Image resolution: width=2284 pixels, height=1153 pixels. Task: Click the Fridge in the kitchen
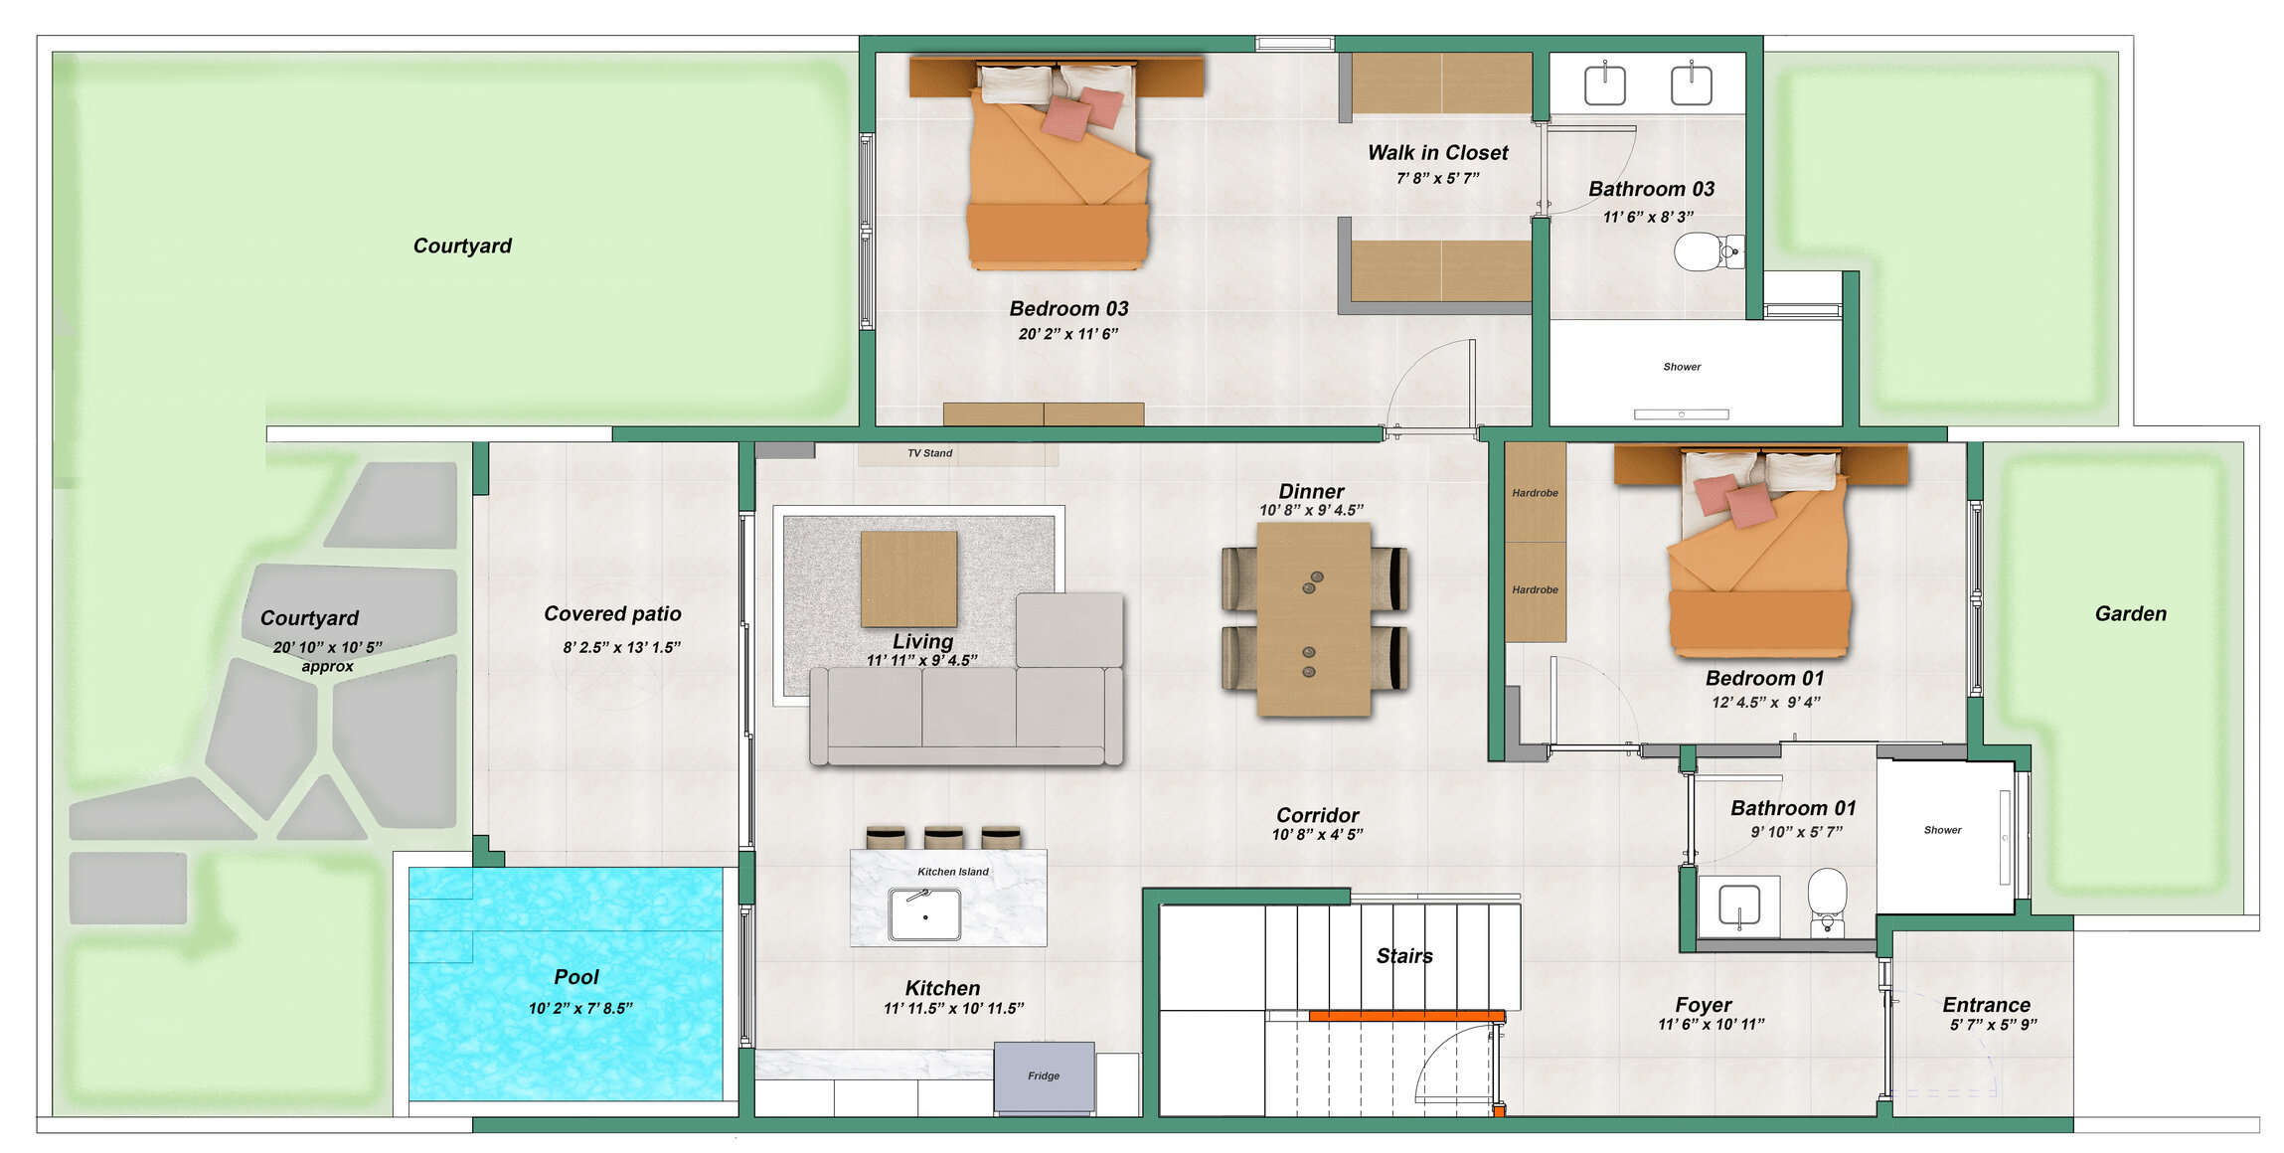pyautogui.click(x=1044, y=1077)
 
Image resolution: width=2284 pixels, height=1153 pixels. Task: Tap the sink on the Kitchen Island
pyautogui.click(x=924, y=913)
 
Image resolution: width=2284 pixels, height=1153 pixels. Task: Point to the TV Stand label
pyautogui.click(x=929, y=453)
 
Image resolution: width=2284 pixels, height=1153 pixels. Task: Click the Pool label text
pyautogui.click(x=576, y=977)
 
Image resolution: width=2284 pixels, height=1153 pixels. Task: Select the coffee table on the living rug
pyautogui.click(x=908, y=578)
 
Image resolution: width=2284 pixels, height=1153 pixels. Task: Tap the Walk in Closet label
pyautogui.click(x=1437, y=153)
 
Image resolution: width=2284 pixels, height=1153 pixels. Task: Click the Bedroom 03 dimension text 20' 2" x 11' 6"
pyautogui.click(x=1067, y=334)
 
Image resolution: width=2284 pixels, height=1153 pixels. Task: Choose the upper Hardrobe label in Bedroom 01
pyautogui.click(x=1535, y=493)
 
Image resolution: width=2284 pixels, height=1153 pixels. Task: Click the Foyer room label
pyautogui.click(x=1703, y=1005)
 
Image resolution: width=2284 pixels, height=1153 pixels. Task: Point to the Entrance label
pyautogui.click(x=1986, y=1005)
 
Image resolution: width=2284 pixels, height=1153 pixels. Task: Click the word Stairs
pyautogui.click(x=1403, y=956)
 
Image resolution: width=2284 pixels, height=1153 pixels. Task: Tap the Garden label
pyautogui.click(x=2130, y=614)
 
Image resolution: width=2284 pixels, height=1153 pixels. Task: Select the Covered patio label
pyautogui.click(x=612, y=614)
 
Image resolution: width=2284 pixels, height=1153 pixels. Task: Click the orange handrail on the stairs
pyautogui.click(x=1405, y=1016)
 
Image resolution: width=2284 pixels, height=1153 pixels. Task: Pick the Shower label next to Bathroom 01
pyautogui.click(x=1942, y=830)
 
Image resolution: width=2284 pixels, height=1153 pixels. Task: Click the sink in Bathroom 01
pyautogui.click(x=1738, y=905)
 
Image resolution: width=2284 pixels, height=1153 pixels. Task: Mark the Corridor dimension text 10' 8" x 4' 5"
pyautogui.click(x=1317, y=835)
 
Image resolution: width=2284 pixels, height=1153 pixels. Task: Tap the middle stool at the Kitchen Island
pyautogui.click(x=943, y=837)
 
